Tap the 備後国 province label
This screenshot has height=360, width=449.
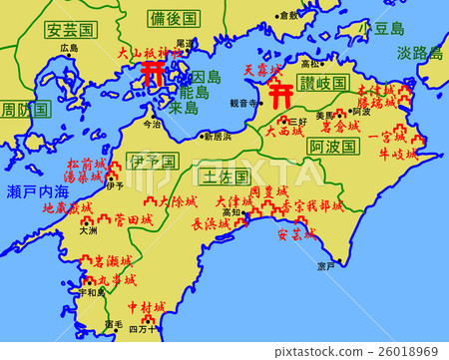[176, 18]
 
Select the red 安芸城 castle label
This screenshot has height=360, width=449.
[295, 235]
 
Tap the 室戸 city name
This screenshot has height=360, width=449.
[326, 266]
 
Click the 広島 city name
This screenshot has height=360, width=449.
[68, 47]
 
